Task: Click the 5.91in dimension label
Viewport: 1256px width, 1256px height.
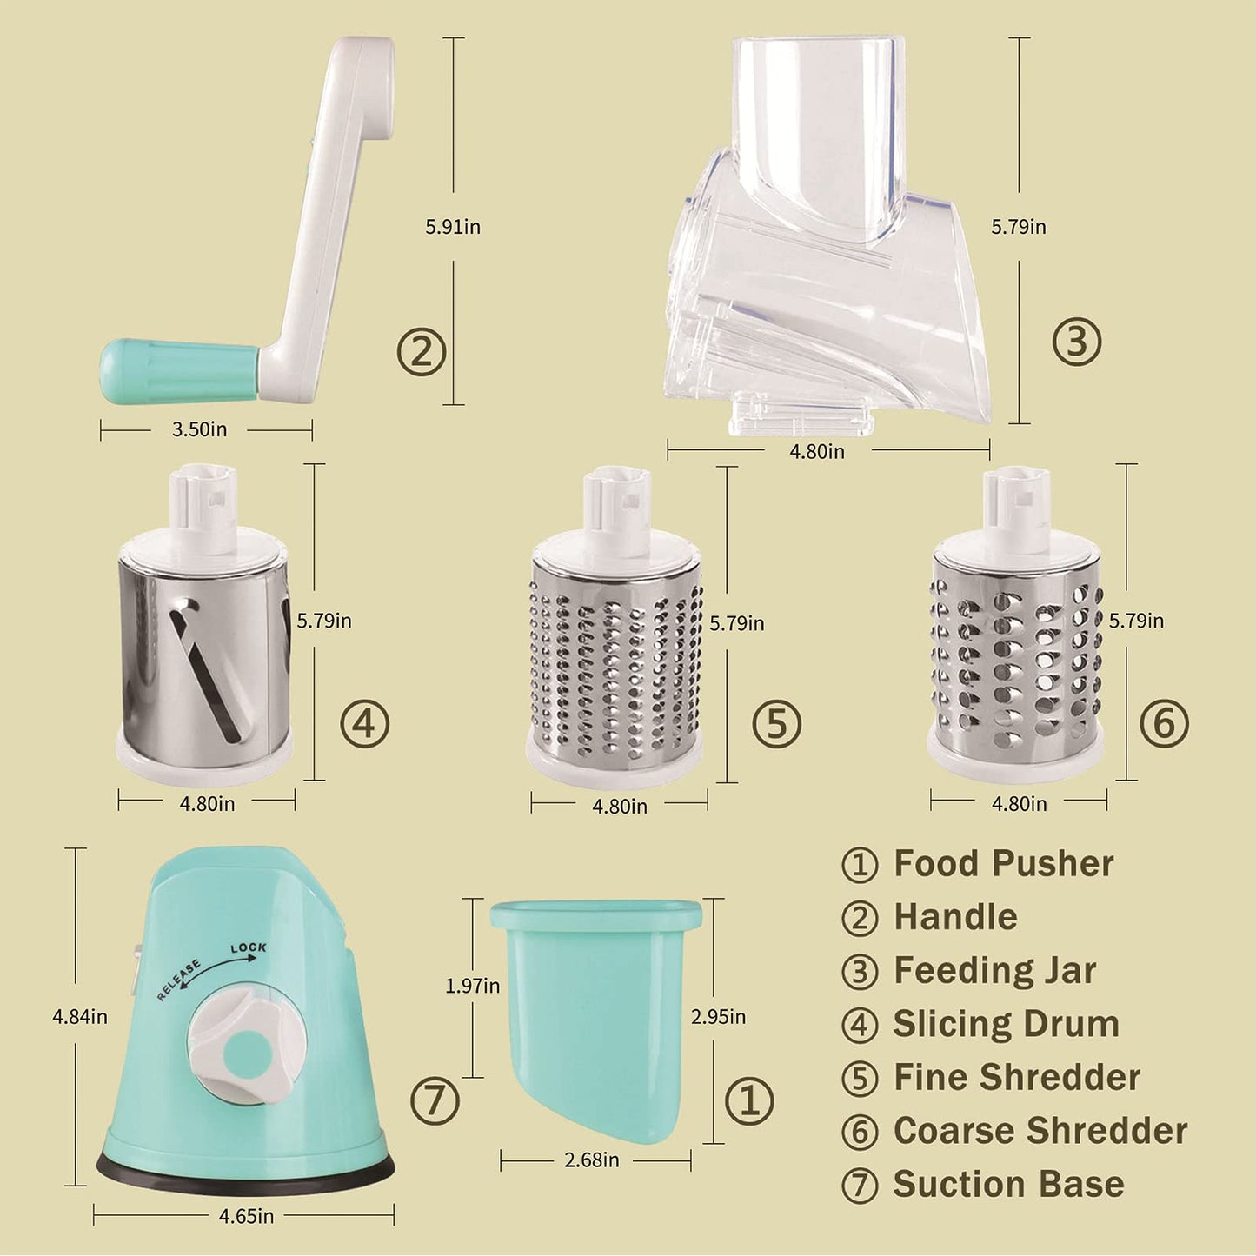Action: tap(453, 227)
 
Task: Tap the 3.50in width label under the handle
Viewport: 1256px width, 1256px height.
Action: tap(199, 429)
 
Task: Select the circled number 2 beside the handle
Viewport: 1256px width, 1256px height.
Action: tap(422, 352)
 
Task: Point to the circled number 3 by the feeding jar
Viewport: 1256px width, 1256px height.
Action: tap(1076, 342)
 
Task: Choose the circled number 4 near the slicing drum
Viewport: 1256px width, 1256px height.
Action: tap(364, 723)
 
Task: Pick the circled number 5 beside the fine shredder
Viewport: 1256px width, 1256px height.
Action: tap(776, 723)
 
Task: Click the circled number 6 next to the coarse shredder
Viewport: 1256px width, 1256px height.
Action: tap(1164, 723)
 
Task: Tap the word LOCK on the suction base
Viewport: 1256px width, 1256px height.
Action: tap(249, 948)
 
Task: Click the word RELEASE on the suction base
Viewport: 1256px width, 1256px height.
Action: tap(179, 980)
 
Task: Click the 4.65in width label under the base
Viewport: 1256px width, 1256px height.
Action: tap(246, 1216)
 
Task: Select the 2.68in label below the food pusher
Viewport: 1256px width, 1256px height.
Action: tap(592, 1160)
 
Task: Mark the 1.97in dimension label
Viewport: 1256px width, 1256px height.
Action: tap(472, 987)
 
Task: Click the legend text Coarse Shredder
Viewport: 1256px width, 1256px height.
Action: tap(1040, 1131)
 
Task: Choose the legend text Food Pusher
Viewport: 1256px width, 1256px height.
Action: tap(1003, 864)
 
